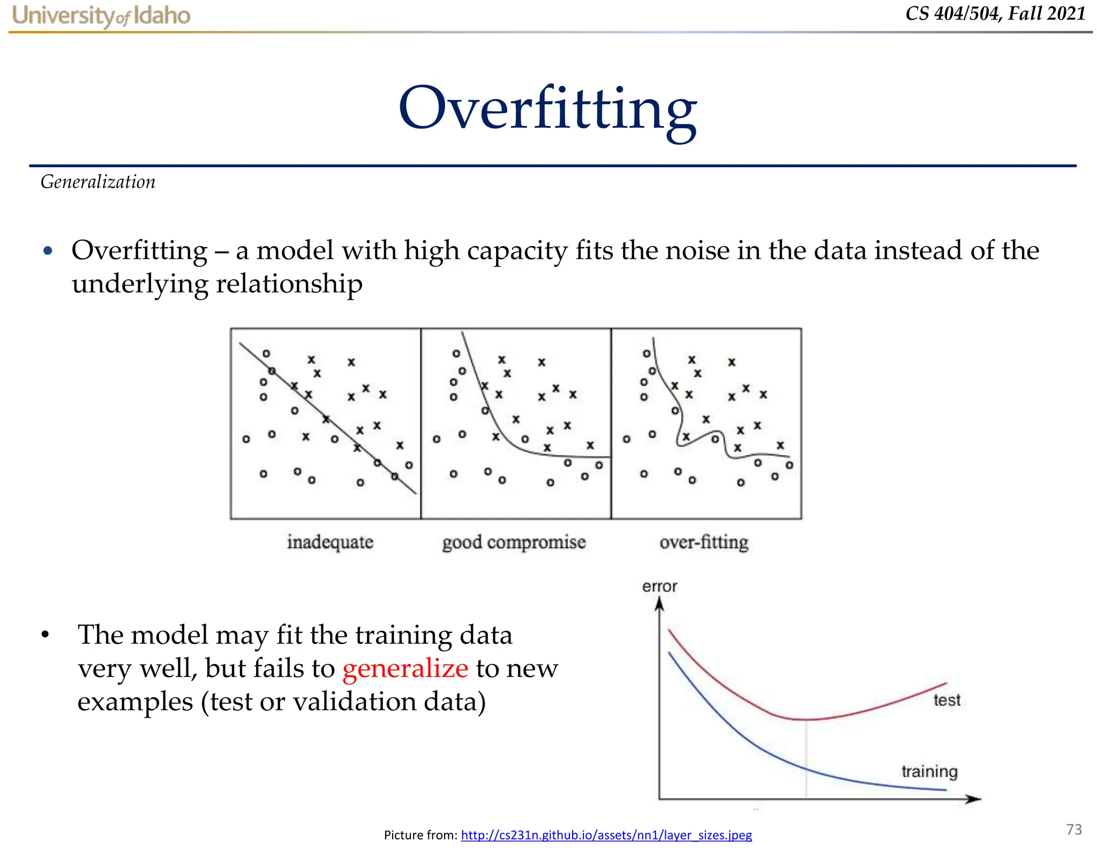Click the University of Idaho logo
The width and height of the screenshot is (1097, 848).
[101, 16]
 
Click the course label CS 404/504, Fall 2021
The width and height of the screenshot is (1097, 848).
[995, 13]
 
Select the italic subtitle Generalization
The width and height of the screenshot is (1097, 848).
[98, 182]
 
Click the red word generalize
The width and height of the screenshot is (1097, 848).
[405, 668]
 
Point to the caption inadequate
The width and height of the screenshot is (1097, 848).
[330, 542]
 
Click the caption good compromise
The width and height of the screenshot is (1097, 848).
[514, 542]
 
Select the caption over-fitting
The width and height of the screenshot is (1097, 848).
[704, 542]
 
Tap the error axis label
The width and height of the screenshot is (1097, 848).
[659, 586]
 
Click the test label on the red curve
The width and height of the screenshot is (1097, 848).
[946, 700]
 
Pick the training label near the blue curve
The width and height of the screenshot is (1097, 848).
[929, 771]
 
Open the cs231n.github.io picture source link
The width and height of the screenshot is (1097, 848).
[606, 835]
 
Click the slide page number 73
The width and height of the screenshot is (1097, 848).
[1073, 829]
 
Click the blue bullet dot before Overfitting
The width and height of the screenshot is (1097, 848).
[48, 251]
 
